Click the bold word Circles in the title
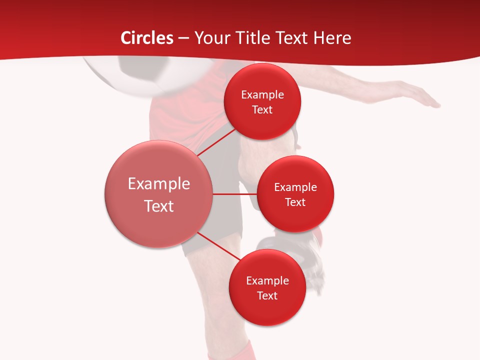(147, 38)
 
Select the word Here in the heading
(332, 38)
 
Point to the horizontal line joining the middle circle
(234, 194)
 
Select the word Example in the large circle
(159, 184)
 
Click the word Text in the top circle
(262, 110)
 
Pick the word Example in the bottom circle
(267, 281)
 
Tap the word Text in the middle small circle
(295, 202)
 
